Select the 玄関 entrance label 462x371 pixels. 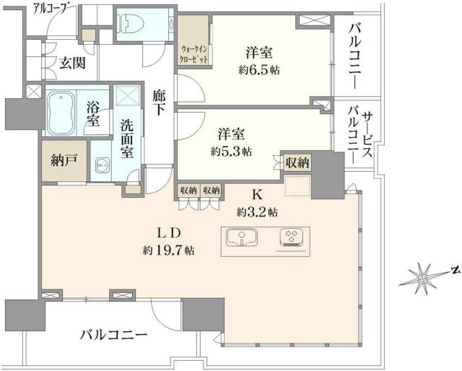[x=72, y=63]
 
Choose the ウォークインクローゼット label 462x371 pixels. [x=194, y=52]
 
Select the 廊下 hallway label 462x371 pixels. [x=160, y=102]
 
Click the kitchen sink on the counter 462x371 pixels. [x=243, y=238]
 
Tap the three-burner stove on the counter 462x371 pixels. [x=293, y=238]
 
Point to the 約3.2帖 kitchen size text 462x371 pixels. [x=257, y=212]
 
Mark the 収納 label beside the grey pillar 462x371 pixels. [x=297, y=163]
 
